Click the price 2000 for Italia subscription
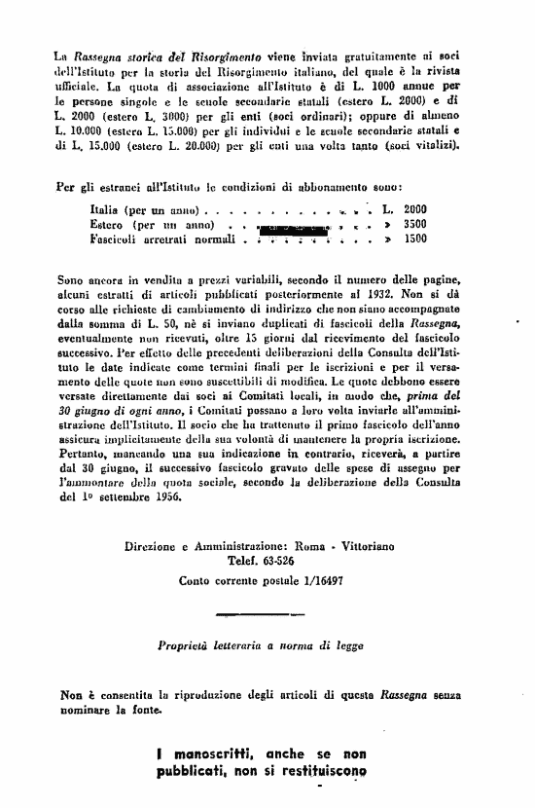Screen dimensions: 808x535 click(415, 209)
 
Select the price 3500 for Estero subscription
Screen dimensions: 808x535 click(415, 224)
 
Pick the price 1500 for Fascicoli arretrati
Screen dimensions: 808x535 click(415, 238)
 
